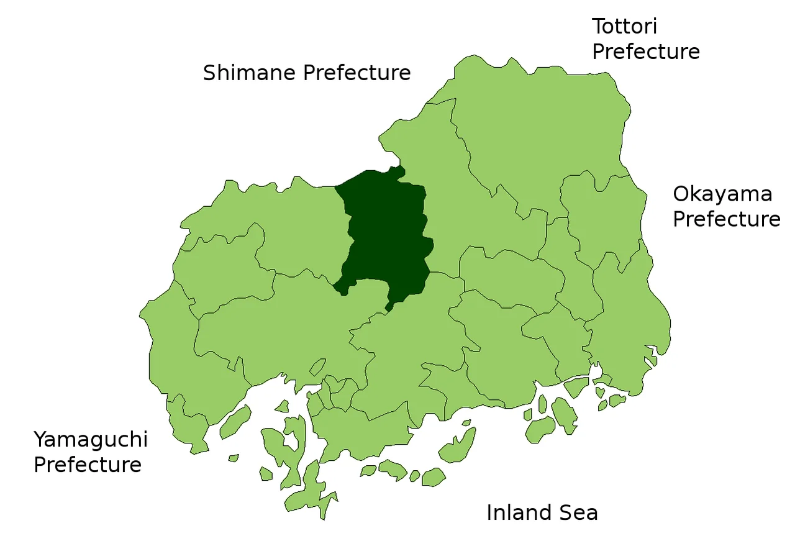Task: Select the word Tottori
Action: pyautogui.click(x=624, y=27)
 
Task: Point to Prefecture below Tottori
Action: pyautogui.click(x=646, y=52)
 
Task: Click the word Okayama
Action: pyautogui.click(x=722, y=194)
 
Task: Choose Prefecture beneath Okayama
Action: pyautogui.click(x=727, y=219)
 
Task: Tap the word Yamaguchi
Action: pyautogui.click(x=91, y=440)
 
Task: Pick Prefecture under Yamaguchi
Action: pyautogui.click(x=88, y=465)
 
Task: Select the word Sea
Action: pyautogui.click(x=580, y=513)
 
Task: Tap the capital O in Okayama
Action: pyautogui.click(x=681, y=194)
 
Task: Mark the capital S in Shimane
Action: pyautogui.click(x=209, y=73)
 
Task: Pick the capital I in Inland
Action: pyautogui.click(x=489, y=513)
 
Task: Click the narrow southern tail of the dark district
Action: pyautogui.click(x=390, y=305)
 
